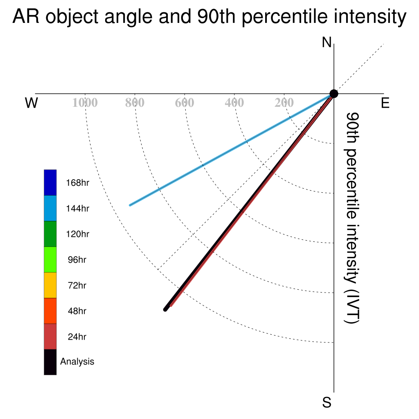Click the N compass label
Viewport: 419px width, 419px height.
click(327, 43)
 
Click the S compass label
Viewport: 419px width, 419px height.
click(327, 402)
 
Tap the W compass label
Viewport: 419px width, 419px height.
click(32, 103)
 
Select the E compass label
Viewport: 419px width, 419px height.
click(385, 103)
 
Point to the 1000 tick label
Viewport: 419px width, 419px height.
click(85, 103)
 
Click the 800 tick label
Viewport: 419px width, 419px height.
click(135, 103)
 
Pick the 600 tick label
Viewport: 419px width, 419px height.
click(185, 103)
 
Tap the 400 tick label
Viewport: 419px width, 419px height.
click(234, 103)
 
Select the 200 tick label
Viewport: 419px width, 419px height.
click(284, 103)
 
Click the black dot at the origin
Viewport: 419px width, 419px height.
click(334, 94)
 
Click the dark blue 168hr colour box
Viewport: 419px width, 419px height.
click(50, 182)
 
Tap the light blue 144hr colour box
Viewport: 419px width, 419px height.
click(50, 208)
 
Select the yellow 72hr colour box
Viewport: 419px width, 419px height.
click(50, 285)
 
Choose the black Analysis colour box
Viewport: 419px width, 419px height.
click(50, 362)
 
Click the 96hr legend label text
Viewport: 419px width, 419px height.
click(77, 260)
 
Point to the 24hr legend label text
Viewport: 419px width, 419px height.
click(77, 337)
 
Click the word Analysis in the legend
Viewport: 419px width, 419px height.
click(77, 362)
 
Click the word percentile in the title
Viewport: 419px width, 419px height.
click(285, 16)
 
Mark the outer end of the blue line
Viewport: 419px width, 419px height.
click(130, 205)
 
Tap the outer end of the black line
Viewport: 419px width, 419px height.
click(165, 310)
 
